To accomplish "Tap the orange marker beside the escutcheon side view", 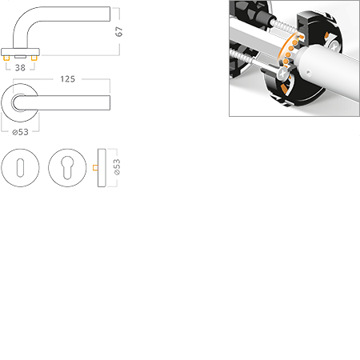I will point(94,168).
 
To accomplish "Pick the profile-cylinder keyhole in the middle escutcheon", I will point(66,168).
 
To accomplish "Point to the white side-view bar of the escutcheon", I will point(103,168).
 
